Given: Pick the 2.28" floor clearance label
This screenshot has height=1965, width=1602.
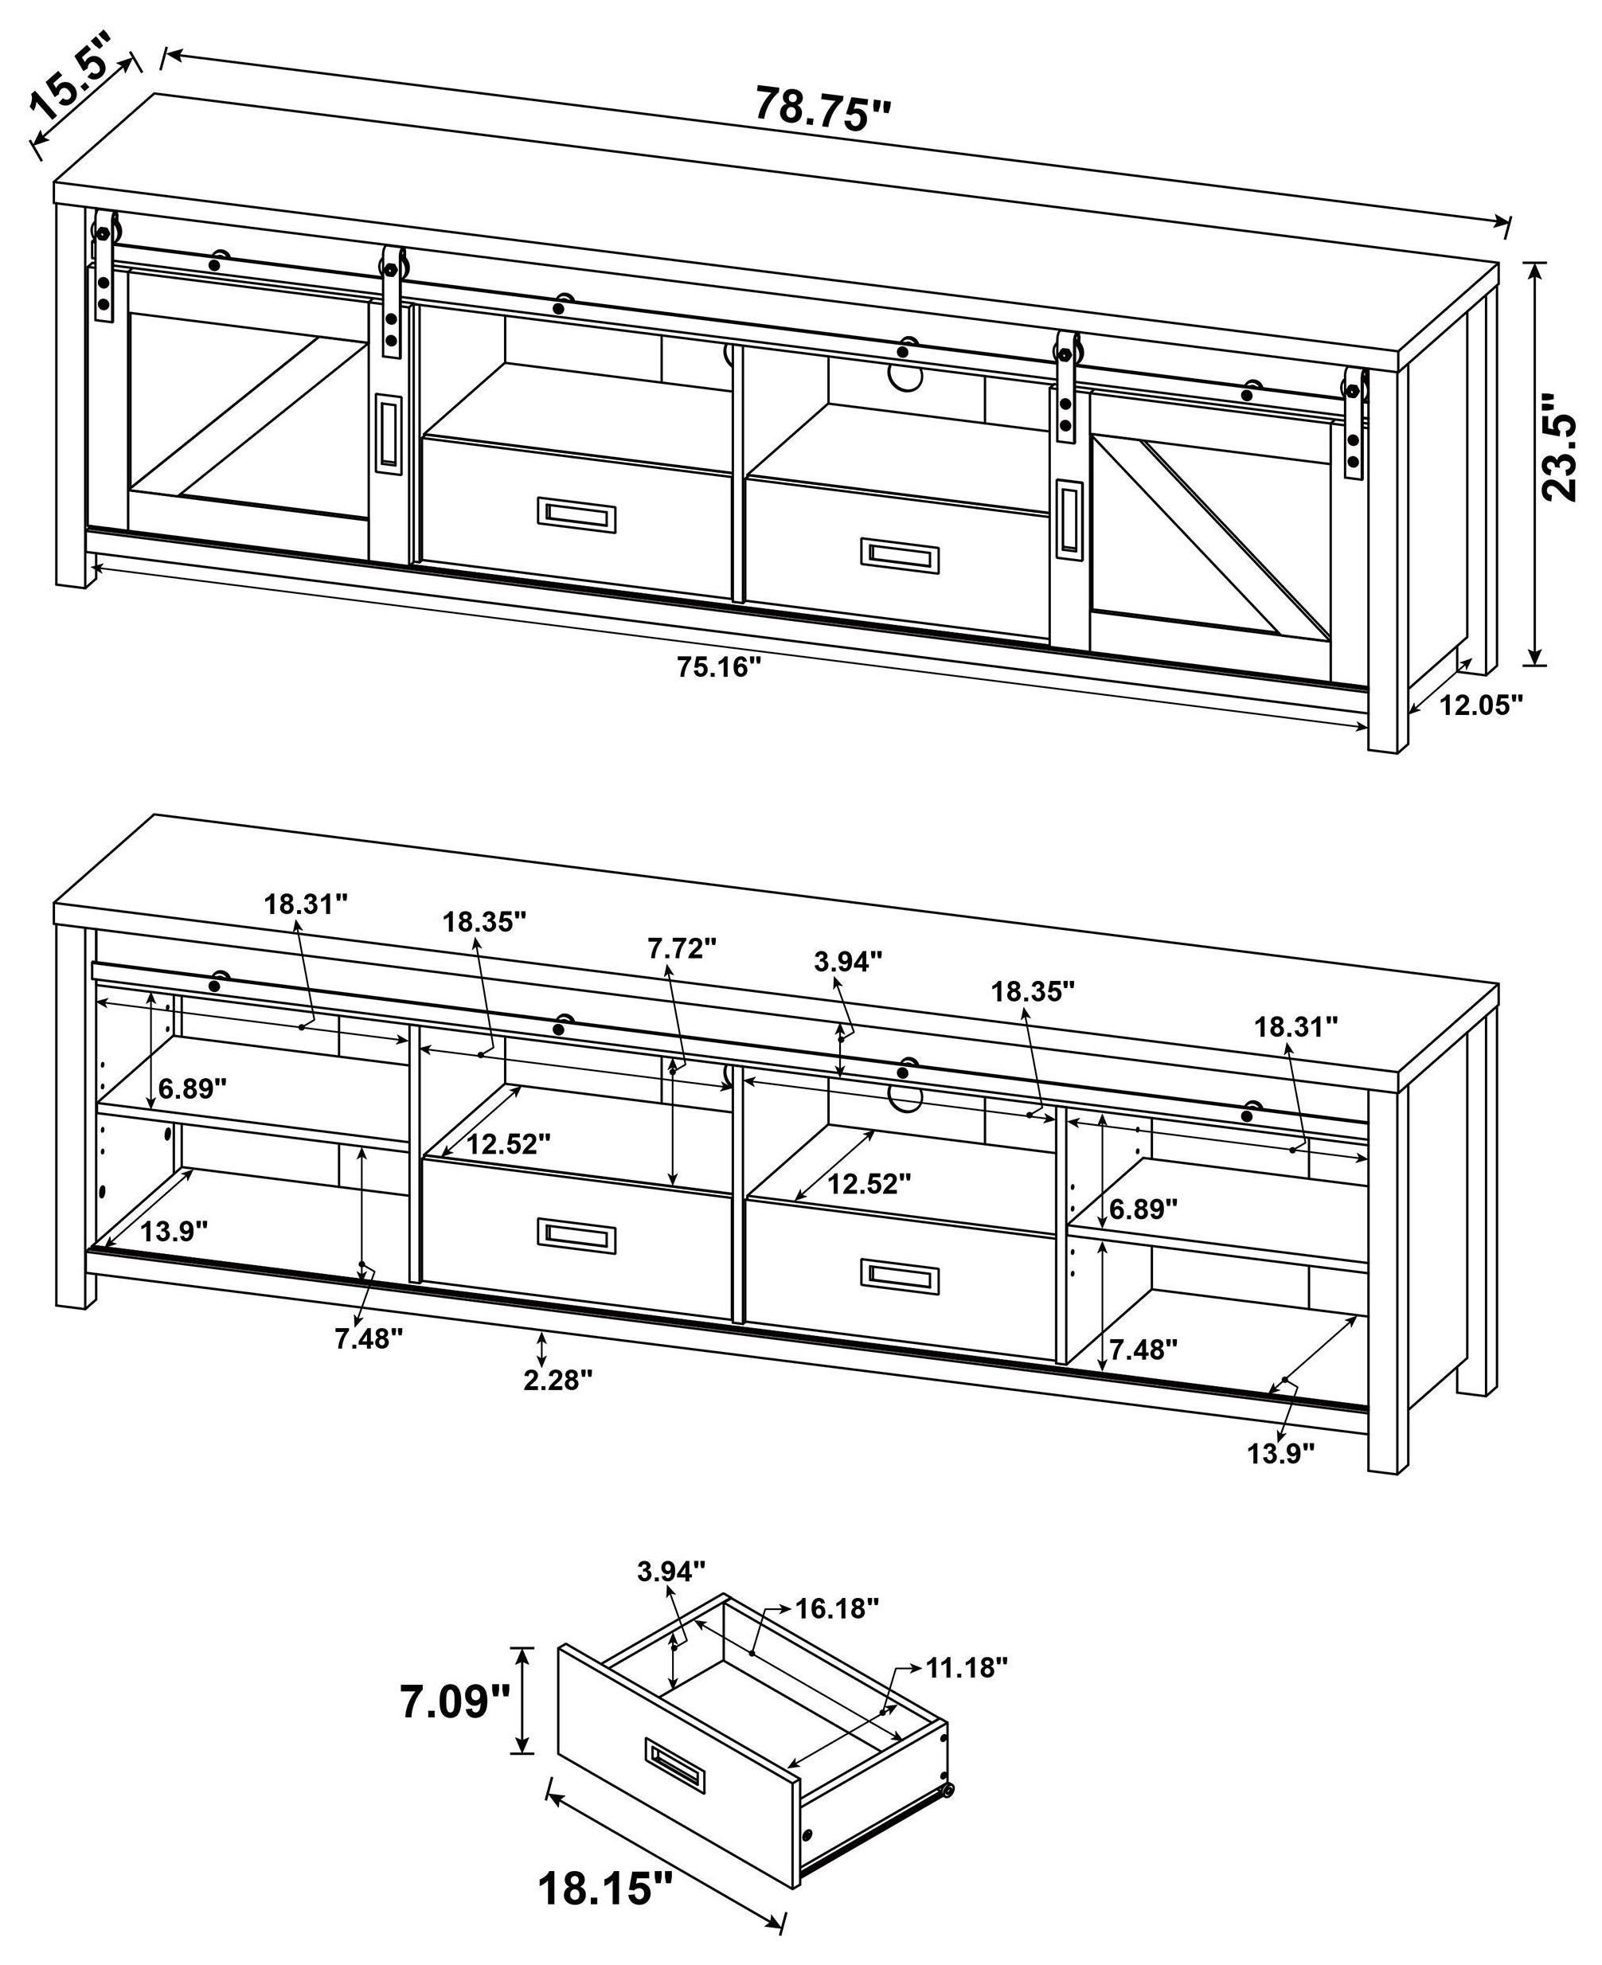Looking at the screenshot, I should [x=557, y=1380].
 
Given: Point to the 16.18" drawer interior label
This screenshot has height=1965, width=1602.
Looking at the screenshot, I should [x=837, y=1608].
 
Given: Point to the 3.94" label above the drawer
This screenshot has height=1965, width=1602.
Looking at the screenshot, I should [x=671, y=1570].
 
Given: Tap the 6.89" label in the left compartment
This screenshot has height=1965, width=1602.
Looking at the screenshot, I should [x=192, y=1088].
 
